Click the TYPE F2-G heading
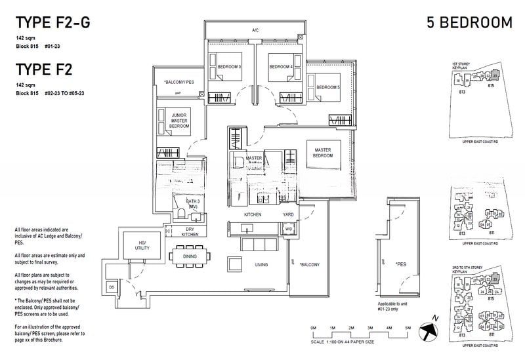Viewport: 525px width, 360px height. (x=52, y=24)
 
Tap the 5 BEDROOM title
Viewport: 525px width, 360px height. (x=469, y=24)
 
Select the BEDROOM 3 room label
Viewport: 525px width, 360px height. (x=229, y=67)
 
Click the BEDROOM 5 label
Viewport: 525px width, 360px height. (x=328, y=87)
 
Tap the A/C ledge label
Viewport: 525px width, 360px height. (x=255, y=30)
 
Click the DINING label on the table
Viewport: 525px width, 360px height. (x=190, y=257)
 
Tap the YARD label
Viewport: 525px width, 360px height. (x=286, y=214)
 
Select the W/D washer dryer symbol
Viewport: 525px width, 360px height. (x=288, y=230)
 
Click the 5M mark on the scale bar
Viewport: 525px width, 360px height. (x=408, y=327)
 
